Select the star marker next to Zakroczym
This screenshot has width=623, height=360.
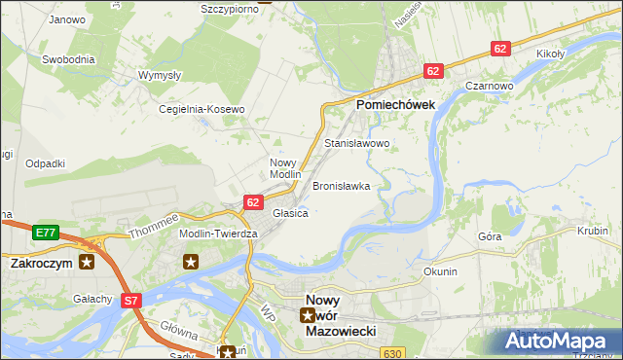(x=88, y=262)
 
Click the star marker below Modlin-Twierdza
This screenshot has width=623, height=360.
(x=191, y=261)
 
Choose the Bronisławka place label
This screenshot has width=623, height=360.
(x=341, y=185)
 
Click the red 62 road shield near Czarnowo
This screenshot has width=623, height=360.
(x=500, y=49)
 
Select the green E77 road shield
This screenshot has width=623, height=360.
(x=44, y=233)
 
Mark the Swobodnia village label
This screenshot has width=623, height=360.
(x=68, y=59)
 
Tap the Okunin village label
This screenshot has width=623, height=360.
(x=440, y=271)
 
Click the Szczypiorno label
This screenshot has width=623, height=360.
(x=230, y=8)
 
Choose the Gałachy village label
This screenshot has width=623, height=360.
(x=92, y=299)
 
